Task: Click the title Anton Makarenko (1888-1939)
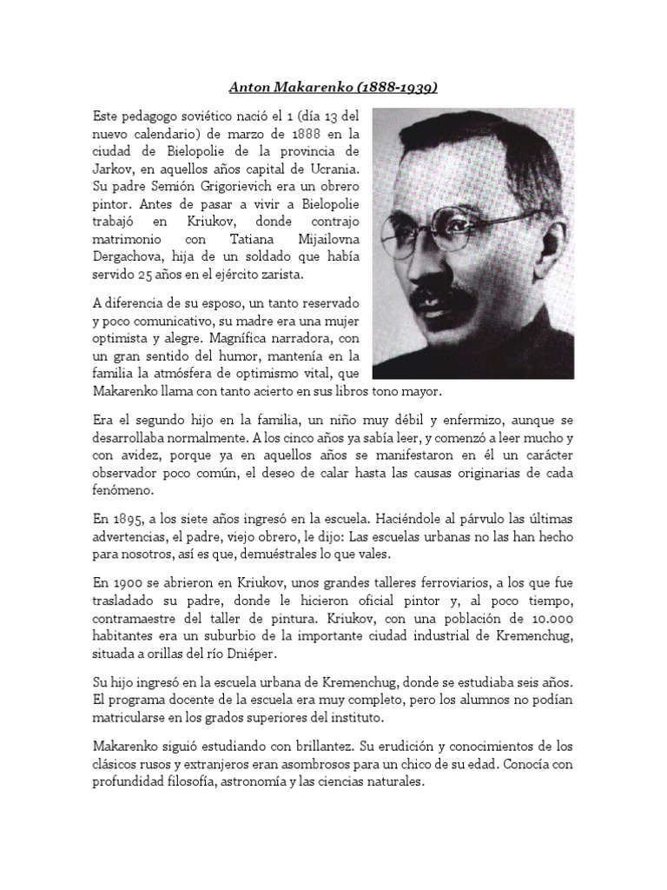click(x=333, y=87)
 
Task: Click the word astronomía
click(x=300, y=782)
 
